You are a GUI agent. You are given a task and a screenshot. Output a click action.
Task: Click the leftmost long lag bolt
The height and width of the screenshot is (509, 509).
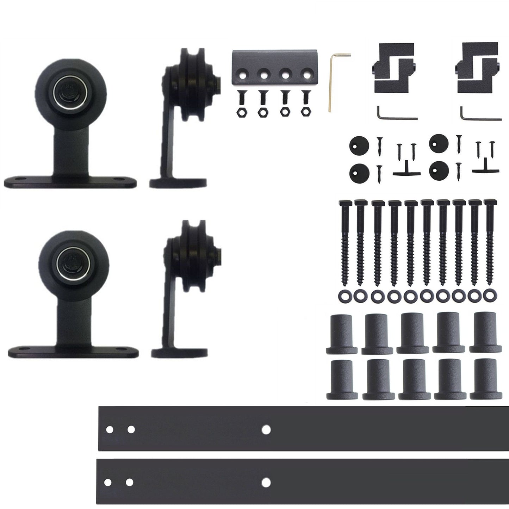[x=344, y=243]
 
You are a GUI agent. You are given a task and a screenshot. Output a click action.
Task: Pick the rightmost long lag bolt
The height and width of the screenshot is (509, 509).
[x=489, y=243]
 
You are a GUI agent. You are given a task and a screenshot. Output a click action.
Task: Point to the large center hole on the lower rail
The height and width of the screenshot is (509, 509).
[x=266, y=482]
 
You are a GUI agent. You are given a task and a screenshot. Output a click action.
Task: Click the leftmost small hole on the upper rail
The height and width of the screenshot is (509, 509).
[x=110, y=430]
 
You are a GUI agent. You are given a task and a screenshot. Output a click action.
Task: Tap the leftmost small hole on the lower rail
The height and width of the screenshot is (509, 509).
[x=108, y=482]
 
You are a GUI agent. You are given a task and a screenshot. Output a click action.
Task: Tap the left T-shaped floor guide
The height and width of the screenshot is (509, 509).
[x=406, y=170]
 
